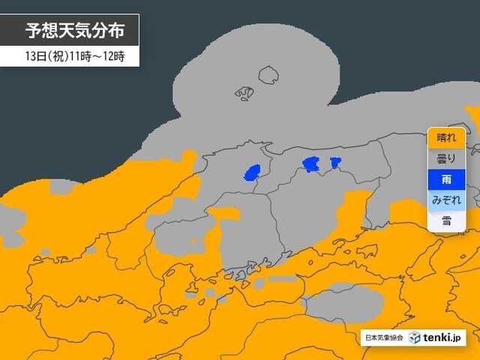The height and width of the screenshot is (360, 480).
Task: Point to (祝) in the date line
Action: point(57,56)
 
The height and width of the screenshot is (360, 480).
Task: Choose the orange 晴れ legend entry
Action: point(446,138)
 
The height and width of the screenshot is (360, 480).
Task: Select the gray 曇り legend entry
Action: point(446,158)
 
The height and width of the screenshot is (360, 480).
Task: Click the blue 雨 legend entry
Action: point(446,179)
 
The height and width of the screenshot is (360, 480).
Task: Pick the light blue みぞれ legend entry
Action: point(446,200)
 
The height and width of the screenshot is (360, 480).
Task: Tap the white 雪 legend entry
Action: point(446,220)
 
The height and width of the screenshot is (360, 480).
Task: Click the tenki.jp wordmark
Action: point(443,337)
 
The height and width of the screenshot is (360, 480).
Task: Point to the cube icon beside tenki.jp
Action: point(415,337)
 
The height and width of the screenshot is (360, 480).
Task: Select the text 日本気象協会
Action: point(383,337)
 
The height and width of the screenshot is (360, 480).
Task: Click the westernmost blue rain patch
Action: point(253,173)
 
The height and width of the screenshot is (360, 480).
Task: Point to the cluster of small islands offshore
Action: point(244,93)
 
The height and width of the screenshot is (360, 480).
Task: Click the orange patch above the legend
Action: point(472,116)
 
